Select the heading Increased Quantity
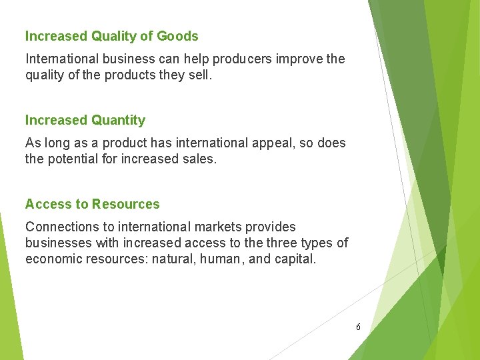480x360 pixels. point(85,120)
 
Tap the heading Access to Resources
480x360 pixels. point(92,204)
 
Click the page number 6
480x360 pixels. point(358,327)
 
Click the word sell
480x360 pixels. point(199,75)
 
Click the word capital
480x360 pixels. point(295,259)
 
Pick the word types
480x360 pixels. point(319,243)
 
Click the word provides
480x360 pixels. point(266,227)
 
